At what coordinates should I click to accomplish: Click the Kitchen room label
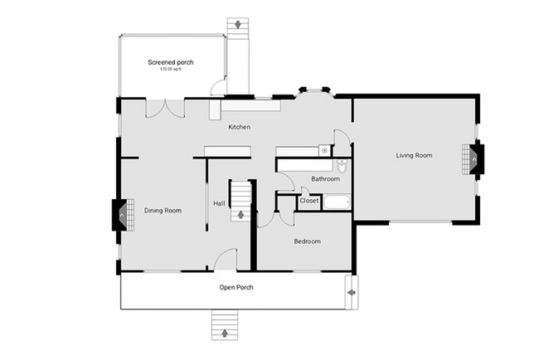coord(240,127)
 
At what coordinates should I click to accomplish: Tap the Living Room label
coord(413,155)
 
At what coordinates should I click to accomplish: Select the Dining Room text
coord(163,211)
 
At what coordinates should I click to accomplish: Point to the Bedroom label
coord(307,241)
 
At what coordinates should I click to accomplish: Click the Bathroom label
coord(324,179)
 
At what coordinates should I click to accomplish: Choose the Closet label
coord(309,200)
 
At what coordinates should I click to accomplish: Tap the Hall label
coord(219,204)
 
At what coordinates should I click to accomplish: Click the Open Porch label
coord(236,288)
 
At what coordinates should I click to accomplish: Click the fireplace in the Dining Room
coord(120,215)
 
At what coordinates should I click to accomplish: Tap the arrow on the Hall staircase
coord(241,214)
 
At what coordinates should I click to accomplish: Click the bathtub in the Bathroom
coord(337,202)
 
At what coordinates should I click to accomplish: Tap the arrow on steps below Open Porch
coord(226,333)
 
